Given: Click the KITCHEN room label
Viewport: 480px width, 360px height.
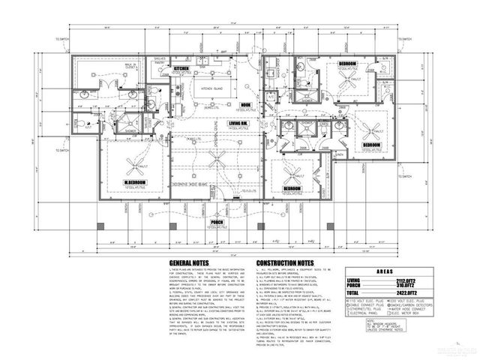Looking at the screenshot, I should click(182, 68).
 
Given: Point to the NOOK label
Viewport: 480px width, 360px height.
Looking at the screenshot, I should click(244, 104).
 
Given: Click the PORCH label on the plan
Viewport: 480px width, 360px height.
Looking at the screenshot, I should click(217, 222).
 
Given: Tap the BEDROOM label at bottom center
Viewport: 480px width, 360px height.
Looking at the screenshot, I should click(292, 187).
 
